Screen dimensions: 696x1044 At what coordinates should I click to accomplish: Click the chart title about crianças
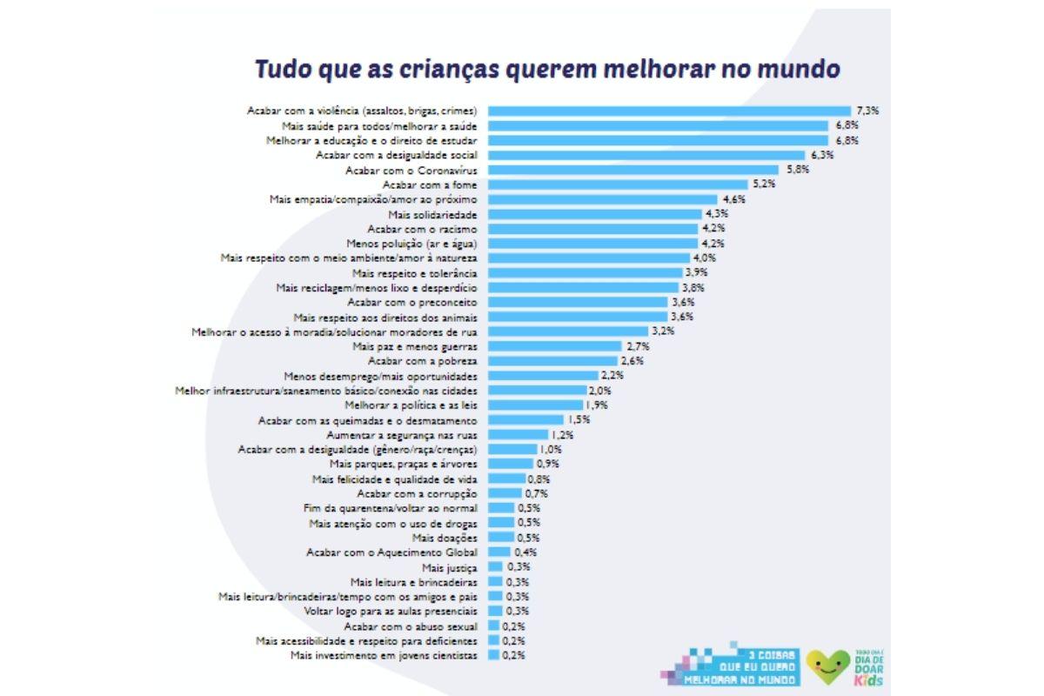pyautogui.click(x=546, y=69)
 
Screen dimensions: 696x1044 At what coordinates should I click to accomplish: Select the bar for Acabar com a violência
pyautogui.click(x=669, y=110)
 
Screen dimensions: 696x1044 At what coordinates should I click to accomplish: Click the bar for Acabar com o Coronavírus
pyautogui.click(x=633, y=170)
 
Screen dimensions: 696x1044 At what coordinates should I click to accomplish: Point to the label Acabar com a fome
pyautogui.click(x=431, y=184)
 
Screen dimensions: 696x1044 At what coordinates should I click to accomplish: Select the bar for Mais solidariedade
pyautogui.click(x=595, y=214)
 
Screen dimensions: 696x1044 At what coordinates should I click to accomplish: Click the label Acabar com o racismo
pyautogui.click(x=423, y=229)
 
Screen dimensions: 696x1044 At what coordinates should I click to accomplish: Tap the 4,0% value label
pyautogui.click(x=703, y=258)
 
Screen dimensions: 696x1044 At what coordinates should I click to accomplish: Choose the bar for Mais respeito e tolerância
pyautogui.click(x=585, y=273)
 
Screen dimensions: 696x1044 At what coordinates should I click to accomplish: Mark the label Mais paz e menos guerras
pyautogui.click(x=415, y=346)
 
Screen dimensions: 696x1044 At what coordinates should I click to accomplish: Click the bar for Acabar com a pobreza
pyautogui.click(x=552, y=361)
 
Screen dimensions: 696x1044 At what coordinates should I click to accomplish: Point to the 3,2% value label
pyautogui.click(x=662, y=331)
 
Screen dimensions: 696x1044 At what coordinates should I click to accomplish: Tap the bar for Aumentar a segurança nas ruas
pyautogui.click(x=518, y=435)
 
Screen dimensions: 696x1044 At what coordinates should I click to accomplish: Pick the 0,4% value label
pyautogui.click(x=525, y=552)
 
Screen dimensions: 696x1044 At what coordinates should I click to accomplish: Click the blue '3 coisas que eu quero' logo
pyautogui.click(x=729, y=666)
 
